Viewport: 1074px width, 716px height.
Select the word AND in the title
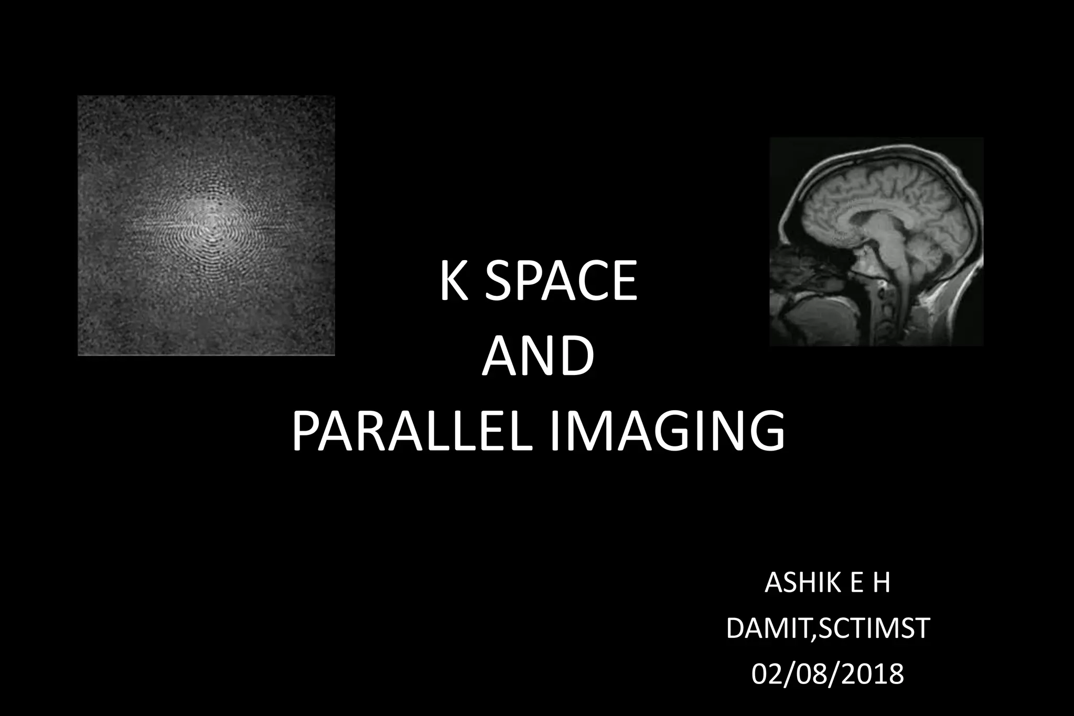(x=538, y=356)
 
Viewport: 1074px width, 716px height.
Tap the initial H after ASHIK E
(x=881, y=583)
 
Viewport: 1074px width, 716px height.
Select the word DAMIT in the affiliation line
(x=768, y=628)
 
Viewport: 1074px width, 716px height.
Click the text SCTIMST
(x=874, y=628)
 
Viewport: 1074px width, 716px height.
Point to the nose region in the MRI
(x=781, y=262)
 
